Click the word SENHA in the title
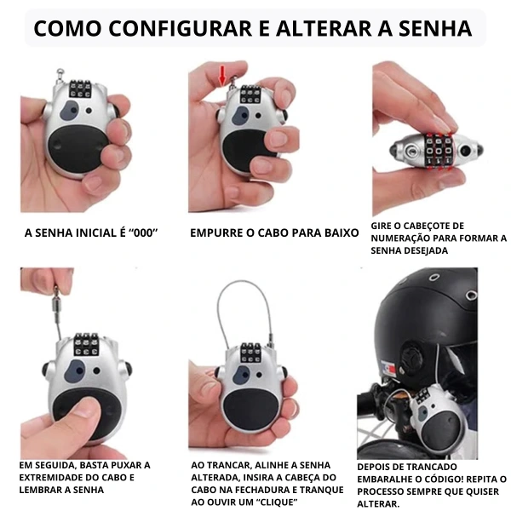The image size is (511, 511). pyautogui.click(x=435, y=28)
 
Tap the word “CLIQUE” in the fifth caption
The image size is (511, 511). pyautogui.click(x=274, y=502)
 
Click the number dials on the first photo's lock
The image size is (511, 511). pyautogui.click(x=79, y=89)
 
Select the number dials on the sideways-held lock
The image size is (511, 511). pyautogui.click(x=439, y=151)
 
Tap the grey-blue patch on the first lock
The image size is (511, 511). pyautogui.click(x=69, y=110)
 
